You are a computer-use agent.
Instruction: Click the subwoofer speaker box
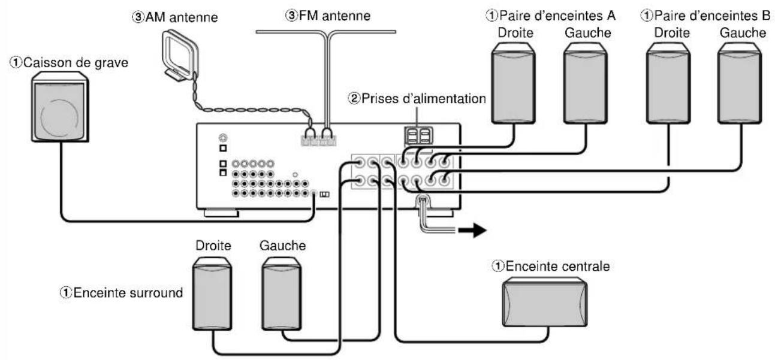point(60,107)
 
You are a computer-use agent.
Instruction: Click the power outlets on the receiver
point(418,135)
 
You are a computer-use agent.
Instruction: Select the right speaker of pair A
point(514,83)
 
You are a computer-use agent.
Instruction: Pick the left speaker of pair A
point(586,83)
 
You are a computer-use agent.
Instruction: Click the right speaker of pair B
point(668,83)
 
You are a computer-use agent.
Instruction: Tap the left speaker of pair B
point(740,83)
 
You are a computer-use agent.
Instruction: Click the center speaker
point(545,303)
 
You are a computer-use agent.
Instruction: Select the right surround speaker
point(212,294)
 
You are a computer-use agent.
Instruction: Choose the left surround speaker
point(282,294)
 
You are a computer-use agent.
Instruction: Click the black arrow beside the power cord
point(472,230)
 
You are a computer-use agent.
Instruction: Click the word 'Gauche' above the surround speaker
point(283,246)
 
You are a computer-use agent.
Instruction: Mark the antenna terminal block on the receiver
point(318,141)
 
